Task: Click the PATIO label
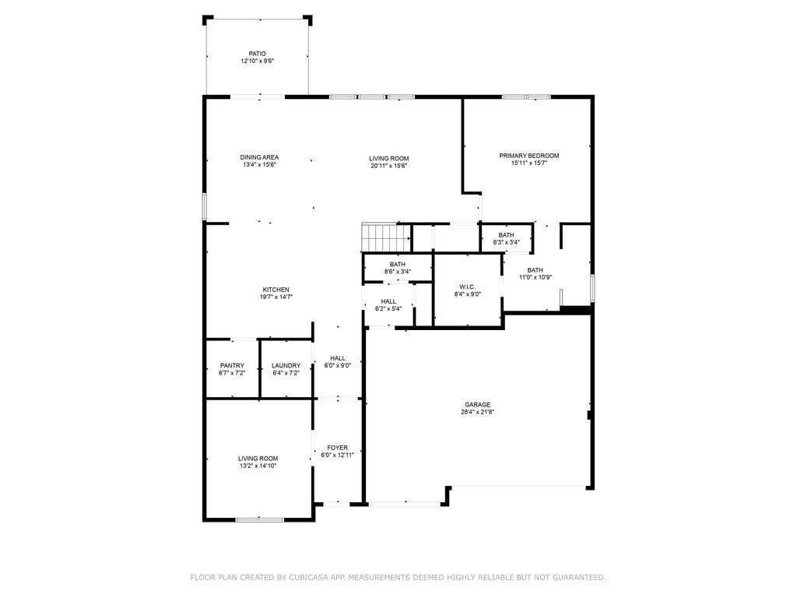point(257,54)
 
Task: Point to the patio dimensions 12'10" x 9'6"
point(257,61)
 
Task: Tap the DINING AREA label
point(259,157)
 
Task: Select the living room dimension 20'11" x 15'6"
point(388,165)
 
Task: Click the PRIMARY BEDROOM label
point(528,156)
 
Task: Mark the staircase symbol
point(386,236)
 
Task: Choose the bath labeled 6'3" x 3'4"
point(506,238)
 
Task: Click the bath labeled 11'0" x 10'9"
point(535,273)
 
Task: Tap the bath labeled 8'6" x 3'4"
point(397,268)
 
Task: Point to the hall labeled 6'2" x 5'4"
point(388,304)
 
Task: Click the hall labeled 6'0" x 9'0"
point(337,361)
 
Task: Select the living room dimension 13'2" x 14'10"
point(258,466)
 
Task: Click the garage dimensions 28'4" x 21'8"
point(477,412)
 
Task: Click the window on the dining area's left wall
point(205,206)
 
